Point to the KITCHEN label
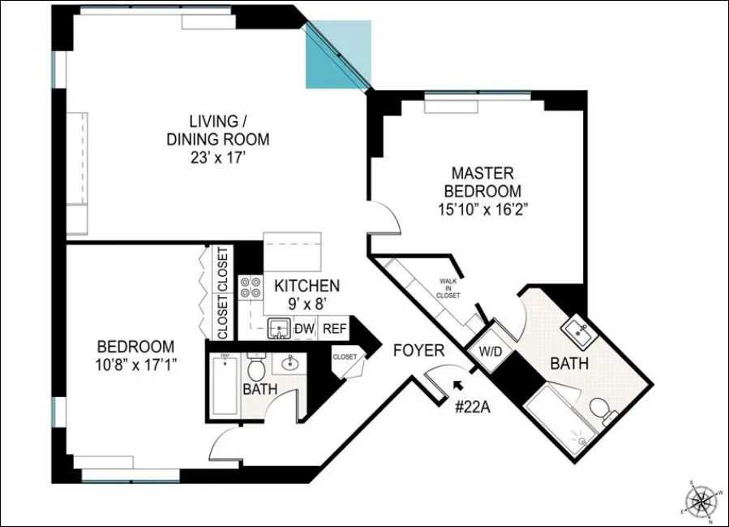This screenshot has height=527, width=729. click(x=307, y=286)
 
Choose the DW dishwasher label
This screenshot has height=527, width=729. click(x=304, y=329)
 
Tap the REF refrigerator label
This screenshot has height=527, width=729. click(x=333, y=329)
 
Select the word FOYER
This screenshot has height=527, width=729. click(x=418, y=351)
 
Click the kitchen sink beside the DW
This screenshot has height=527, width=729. click(x=280, y=329)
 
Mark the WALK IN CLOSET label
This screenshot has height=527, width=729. click(x=449, y=288)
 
